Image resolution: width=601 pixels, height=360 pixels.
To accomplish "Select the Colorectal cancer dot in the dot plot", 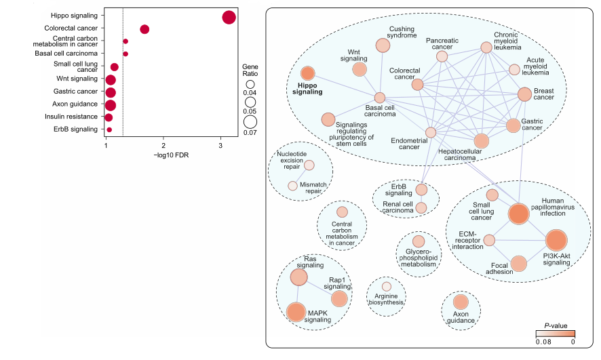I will [144, 29].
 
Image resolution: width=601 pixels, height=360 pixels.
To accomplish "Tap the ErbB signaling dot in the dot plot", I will [109, 129].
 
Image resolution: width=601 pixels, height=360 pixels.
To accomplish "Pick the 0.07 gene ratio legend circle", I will [250, 122].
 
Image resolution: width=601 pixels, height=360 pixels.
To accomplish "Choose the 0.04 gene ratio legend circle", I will [250, 84].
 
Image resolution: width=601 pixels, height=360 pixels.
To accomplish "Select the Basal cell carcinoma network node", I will [380, 98].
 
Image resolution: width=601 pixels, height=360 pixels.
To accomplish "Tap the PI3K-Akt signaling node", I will [556, 240].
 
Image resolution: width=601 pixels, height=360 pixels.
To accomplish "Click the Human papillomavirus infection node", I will [518, 214].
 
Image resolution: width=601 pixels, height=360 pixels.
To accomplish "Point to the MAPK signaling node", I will [296, 312].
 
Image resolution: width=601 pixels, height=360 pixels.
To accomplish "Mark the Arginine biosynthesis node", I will [386, 287].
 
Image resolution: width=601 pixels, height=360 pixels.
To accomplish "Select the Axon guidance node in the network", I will [461, 302].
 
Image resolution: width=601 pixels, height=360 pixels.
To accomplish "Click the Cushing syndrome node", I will [383, 45].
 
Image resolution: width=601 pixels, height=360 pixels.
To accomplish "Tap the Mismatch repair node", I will [292, 186].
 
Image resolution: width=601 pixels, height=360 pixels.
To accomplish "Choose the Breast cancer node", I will [524, 94].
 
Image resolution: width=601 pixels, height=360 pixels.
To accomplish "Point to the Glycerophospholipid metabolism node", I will [419, 241].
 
